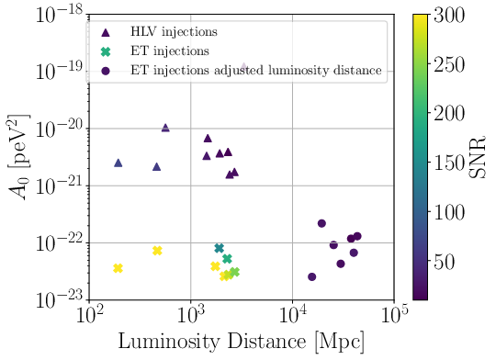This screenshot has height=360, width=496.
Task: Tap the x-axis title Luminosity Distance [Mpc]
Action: tap(241, 341)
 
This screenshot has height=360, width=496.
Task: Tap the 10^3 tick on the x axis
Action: tap(191, 315)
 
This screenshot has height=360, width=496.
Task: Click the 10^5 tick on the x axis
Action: tap(395, 315)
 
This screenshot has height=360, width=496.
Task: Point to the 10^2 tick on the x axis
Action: tap(89, 315)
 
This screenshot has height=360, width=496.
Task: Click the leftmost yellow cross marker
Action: tap(118, 268)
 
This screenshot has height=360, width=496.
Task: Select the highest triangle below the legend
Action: tap(165, 128)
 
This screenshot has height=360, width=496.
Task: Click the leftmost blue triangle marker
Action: tap(118, 163)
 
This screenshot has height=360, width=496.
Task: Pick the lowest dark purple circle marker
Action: tap(311, 276)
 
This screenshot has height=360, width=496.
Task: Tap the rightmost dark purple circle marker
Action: tap(357, 236)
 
